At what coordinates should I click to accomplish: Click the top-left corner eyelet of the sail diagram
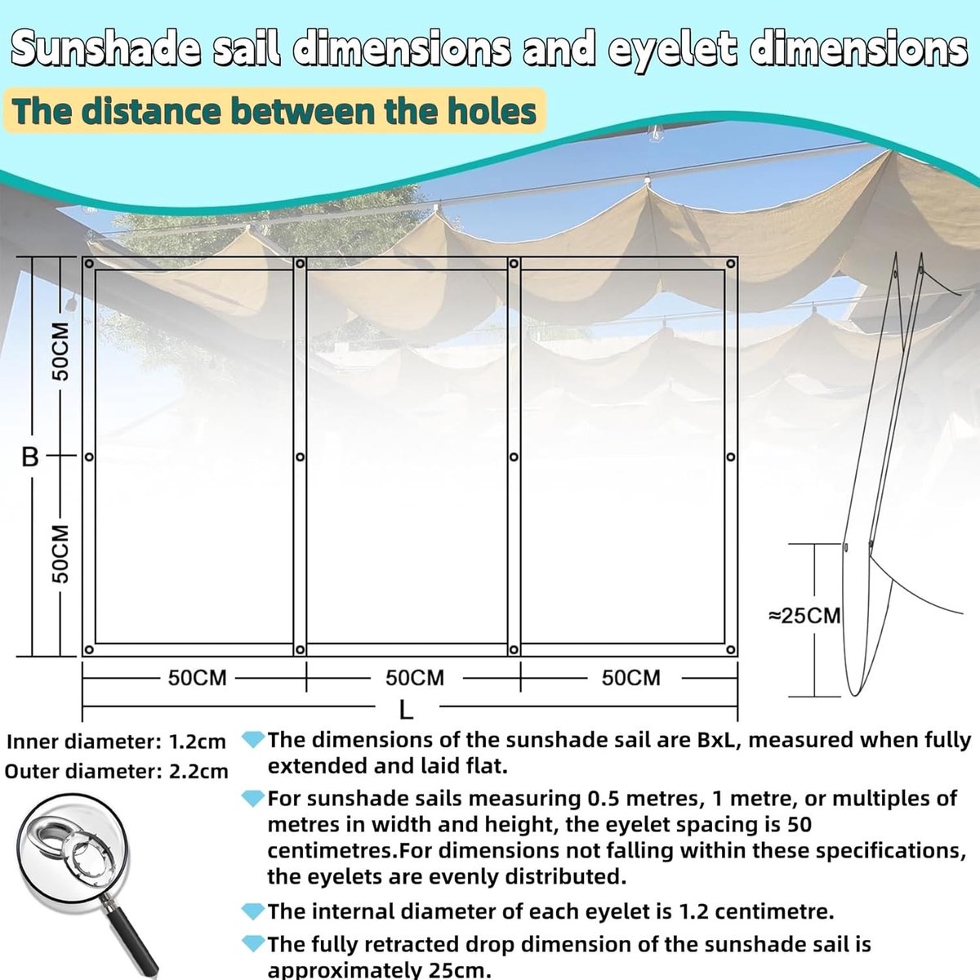[89, 264]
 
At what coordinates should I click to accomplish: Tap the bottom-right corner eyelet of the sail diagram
[730, 649]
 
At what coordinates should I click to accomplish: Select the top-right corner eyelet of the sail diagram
[731, 264]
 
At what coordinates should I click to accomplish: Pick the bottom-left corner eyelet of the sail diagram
[89, 649]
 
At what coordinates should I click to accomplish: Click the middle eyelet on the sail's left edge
[89, 457]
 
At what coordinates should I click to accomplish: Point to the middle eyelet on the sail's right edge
[730, 457]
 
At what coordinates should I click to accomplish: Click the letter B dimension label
[30, 457]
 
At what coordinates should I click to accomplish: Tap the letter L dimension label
[406, 710]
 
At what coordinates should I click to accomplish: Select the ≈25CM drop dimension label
[804, 616]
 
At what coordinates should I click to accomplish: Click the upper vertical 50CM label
[60, 351]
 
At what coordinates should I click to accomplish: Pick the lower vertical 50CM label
[60, 554]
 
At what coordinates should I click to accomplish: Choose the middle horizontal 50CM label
[415, 678]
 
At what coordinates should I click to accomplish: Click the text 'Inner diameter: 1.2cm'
[116, 742]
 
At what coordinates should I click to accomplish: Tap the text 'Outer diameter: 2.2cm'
[117, 772]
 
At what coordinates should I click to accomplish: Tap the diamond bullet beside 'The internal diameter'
[252, 911]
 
